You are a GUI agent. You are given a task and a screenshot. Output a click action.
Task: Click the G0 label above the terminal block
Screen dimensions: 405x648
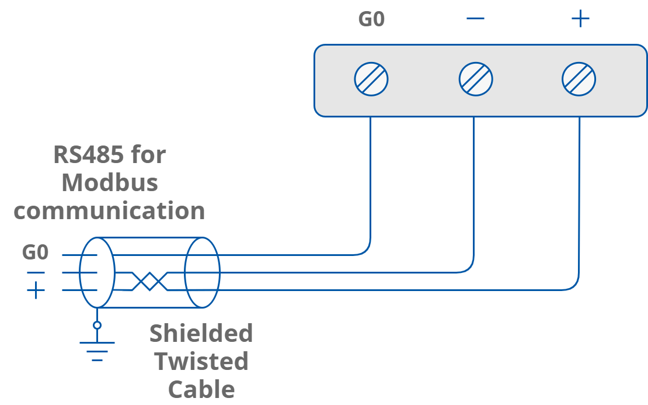pyautogui.click(x=371, y=19)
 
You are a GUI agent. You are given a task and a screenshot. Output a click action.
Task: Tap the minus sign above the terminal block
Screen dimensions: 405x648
pyautogui.click(x=476, y=19)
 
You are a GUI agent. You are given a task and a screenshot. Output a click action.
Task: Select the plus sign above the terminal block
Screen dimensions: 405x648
pyautogui.click(x=580, y=19)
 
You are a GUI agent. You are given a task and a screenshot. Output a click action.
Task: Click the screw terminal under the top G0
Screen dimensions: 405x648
pyautogui.click(x=371, y=79)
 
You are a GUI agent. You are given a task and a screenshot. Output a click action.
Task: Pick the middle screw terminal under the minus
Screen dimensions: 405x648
pyautogui.click(x=476, y=79)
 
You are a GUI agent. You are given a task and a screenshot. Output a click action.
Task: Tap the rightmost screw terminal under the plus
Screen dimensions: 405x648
pyautogui.click(x=579, y=79)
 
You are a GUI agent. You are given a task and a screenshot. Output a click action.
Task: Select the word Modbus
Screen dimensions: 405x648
pyautogui.click(x=110, y=183)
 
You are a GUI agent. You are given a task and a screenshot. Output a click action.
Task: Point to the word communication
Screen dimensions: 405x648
pyautogui.click(x=109, y=211)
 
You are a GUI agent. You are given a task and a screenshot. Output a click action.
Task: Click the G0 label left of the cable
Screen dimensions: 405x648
pyautogui.click(x=36, y=252)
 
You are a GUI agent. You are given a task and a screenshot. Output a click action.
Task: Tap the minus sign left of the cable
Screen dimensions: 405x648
pyautogui.click(x=36, y=272)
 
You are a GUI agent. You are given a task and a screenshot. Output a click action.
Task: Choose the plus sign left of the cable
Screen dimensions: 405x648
pyautogui.click(x=36, y=290)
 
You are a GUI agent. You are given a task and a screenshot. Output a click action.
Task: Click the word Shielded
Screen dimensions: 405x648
pyautogui.click(x=201, y=333)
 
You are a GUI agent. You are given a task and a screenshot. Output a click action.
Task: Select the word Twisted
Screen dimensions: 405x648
pyautogui.click(x=201, y=361)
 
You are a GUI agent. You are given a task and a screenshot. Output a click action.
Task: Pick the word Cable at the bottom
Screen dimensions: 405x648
pyautogui.click(x=201, y=389)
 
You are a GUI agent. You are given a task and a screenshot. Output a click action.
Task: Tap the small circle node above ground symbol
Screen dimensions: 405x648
pyautogui.click(x=97, y=325)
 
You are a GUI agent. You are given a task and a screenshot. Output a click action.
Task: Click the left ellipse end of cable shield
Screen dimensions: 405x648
pyautogui.click(x=97, y=272)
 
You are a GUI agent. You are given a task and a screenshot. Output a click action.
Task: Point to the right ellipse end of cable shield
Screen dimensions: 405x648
pyautogui.click(x=202, y=272)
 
